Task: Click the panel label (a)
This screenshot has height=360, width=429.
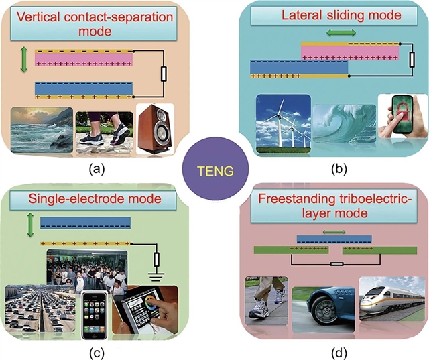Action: (96, 168)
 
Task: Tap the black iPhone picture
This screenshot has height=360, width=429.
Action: (93, 314)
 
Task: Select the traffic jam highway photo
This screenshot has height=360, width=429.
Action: (40, 309)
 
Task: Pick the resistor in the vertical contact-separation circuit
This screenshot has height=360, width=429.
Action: (163, 73)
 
